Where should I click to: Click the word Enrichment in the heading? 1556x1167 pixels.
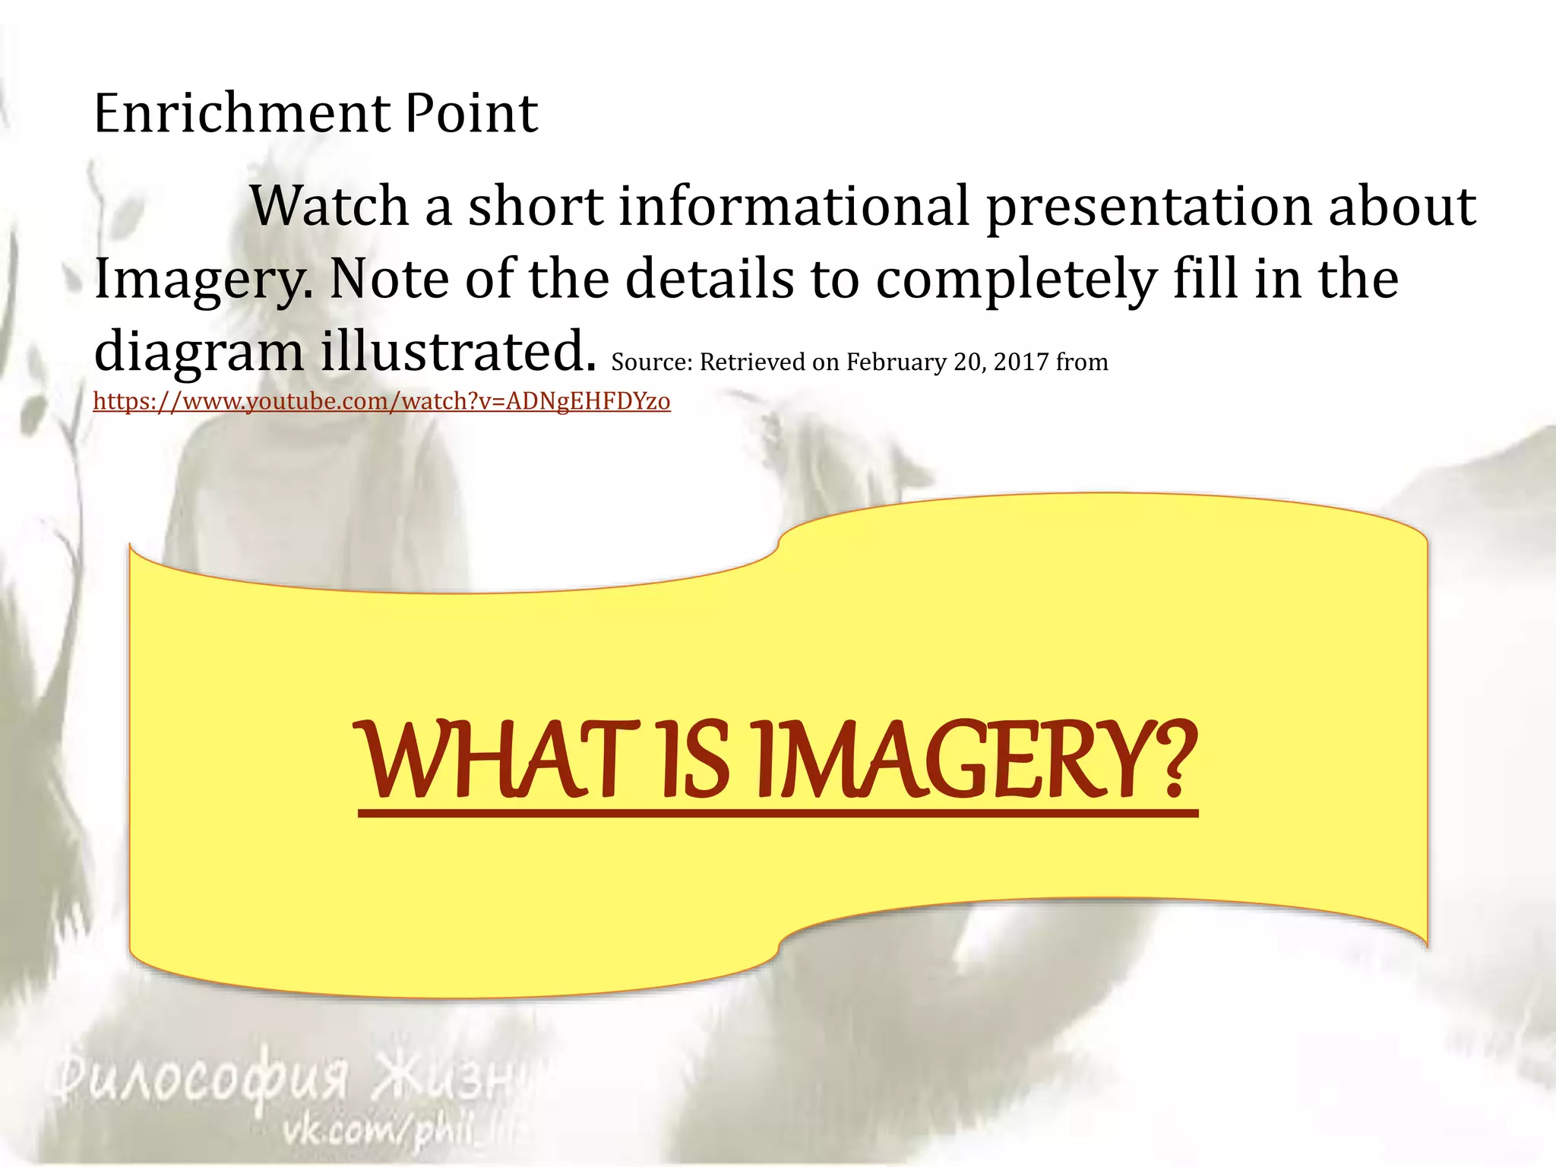tap(242, 114)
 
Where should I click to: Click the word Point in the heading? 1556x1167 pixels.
tap(471, 114)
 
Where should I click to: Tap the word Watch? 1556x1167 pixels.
tap(330, 207)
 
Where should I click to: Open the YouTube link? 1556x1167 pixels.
tap(381, 401)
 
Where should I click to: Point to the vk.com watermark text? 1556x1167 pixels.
tap(395, 1135)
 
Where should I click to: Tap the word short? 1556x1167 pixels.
tap(536, 207)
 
